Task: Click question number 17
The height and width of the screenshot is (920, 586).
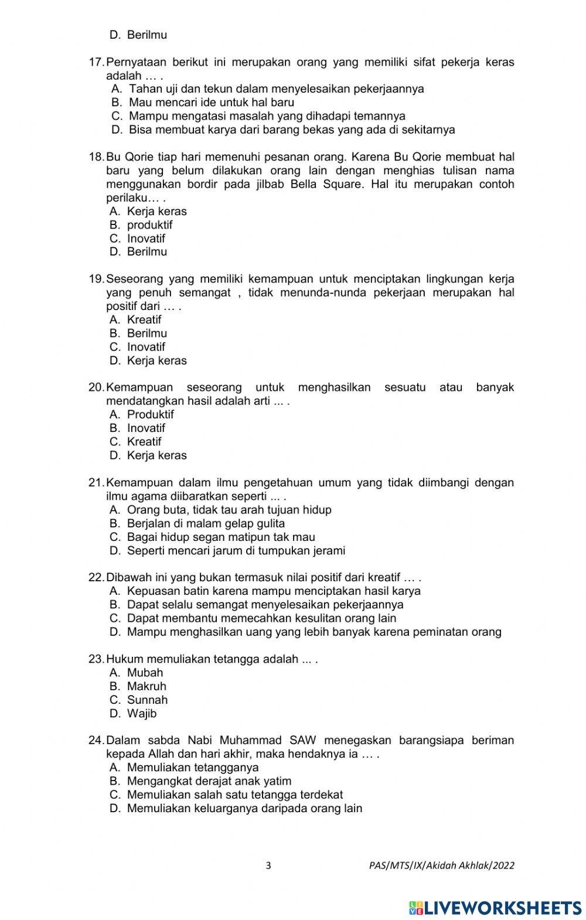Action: (x=96, y=62)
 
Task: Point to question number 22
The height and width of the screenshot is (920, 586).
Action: (x=96, y=577)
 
